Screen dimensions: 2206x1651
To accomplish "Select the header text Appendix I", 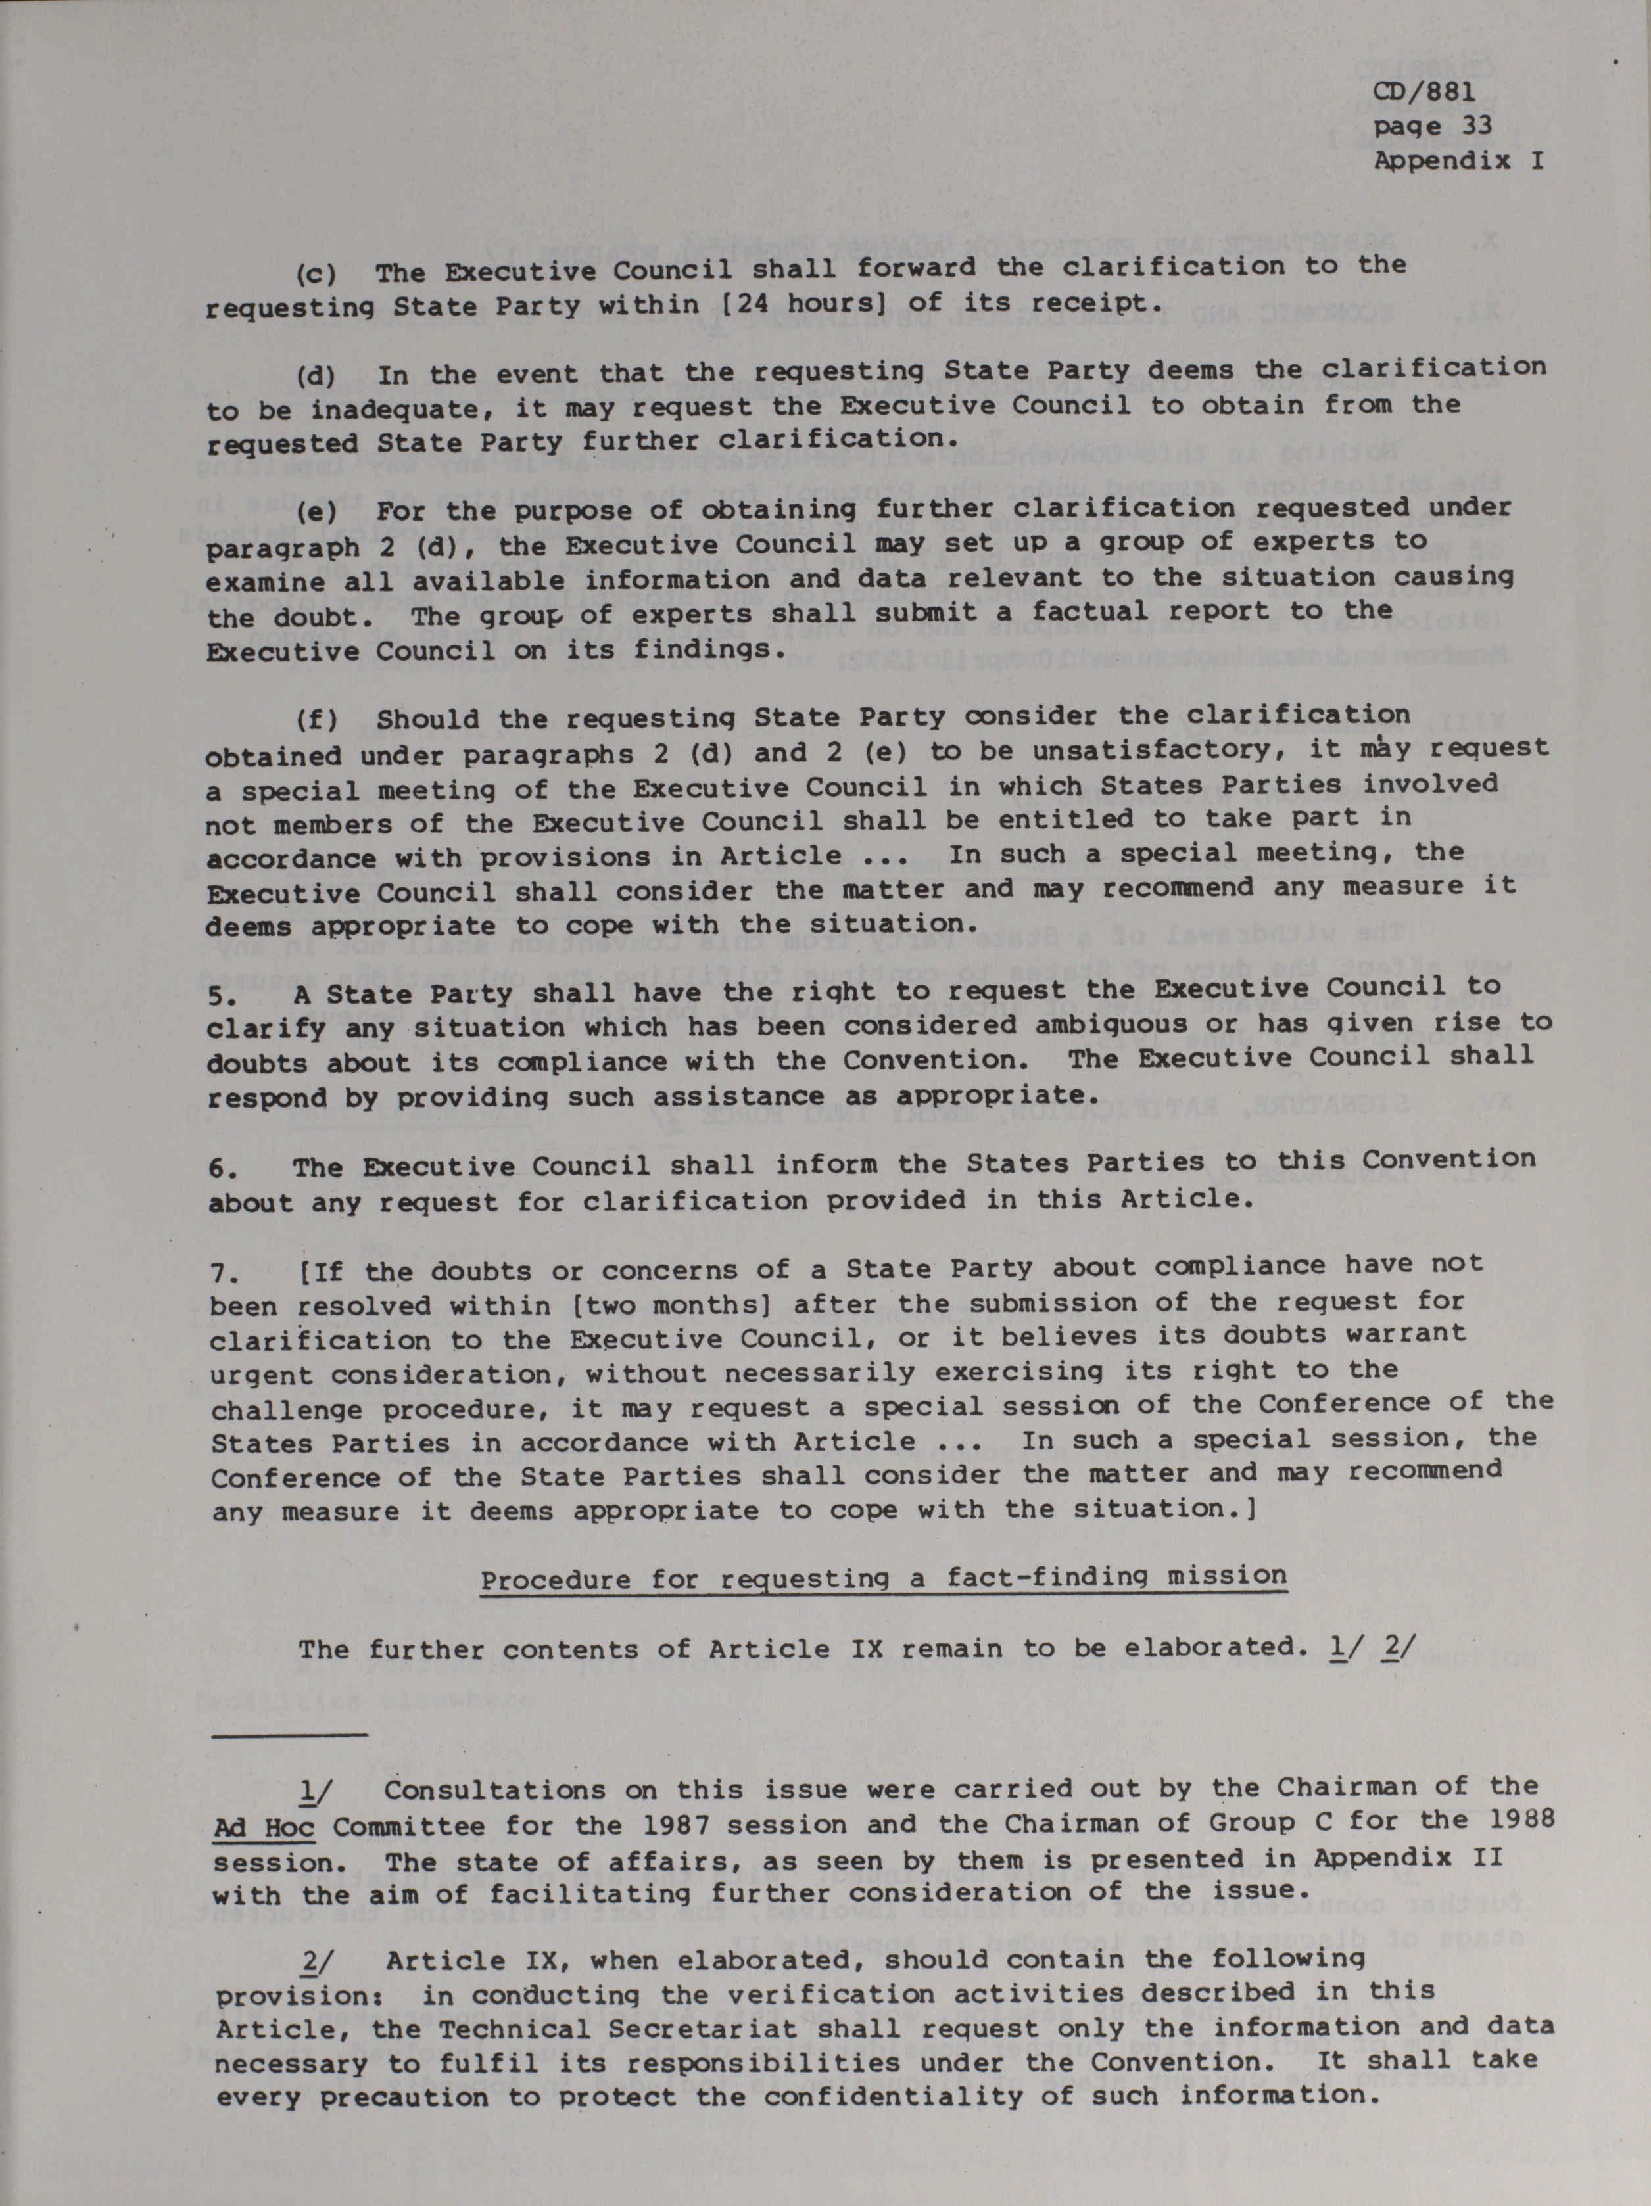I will point(1458,160).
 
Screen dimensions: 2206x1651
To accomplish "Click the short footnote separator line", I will point(291,1736).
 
